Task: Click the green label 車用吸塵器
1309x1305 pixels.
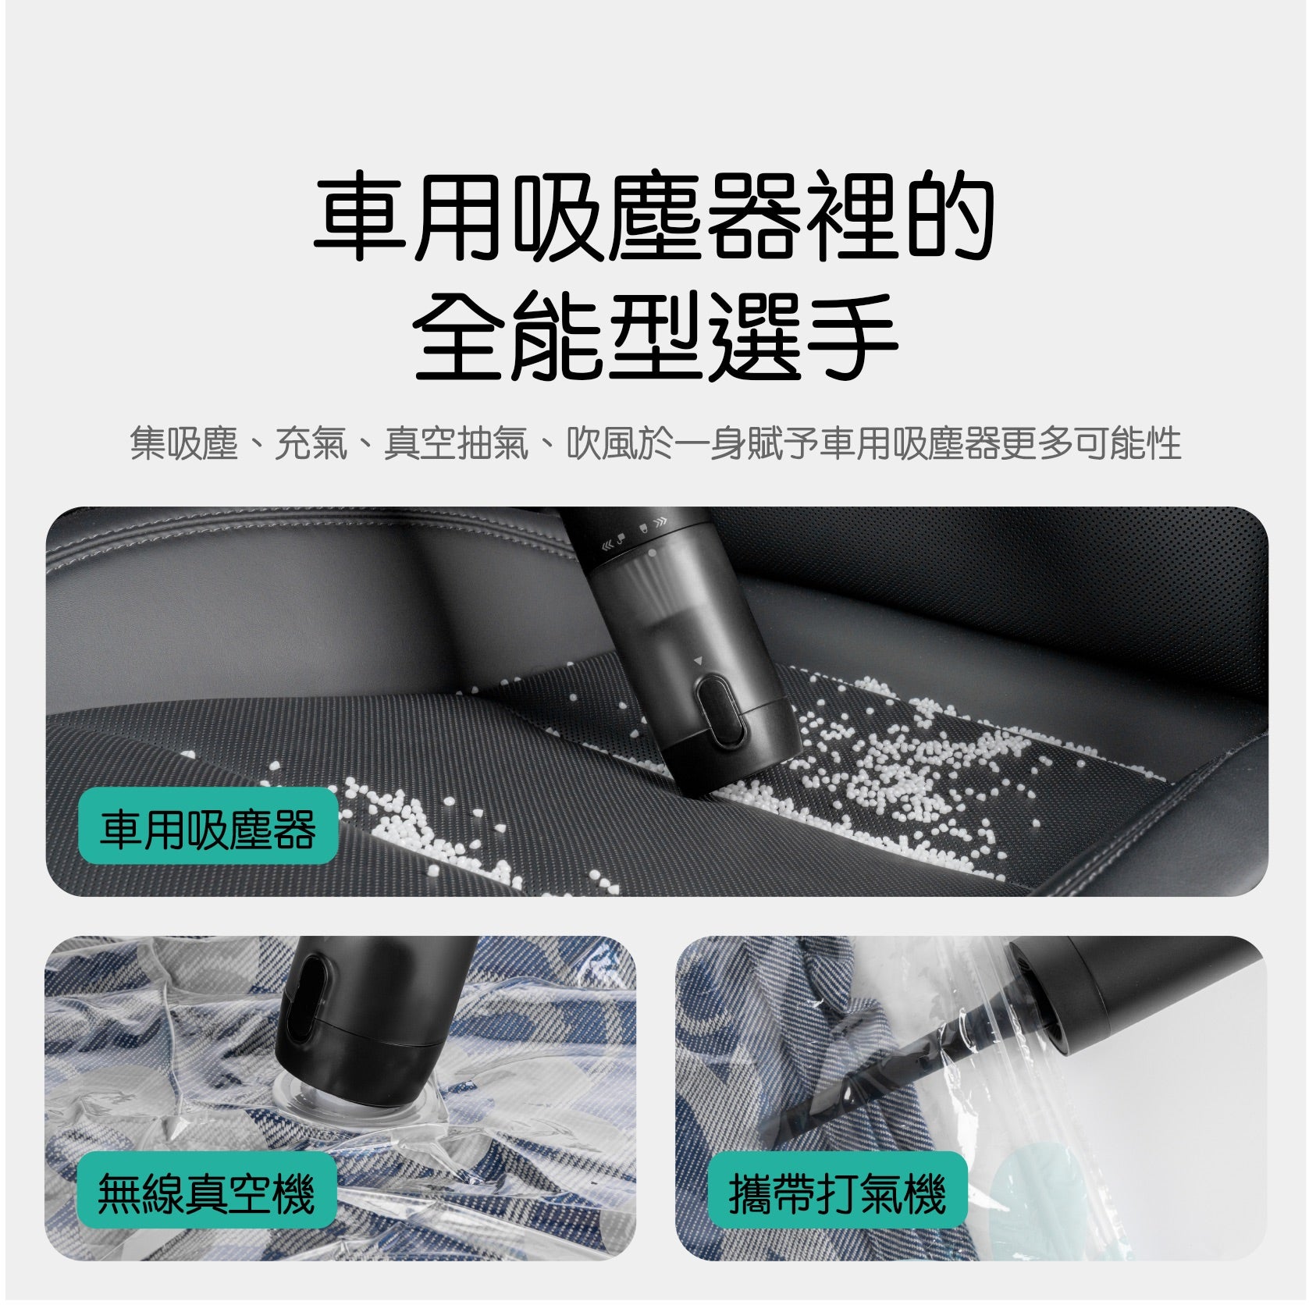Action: coord(208,830)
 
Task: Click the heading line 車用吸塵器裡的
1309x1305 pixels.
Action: coord(654,216)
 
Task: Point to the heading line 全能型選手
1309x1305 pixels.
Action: coord(654,338)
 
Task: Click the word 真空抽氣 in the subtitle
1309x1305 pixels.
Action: coord(455,443)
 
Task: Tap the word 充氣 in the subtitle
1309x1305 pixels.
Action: coord(311,443)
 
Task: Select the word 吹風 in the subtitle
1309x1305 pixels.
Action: coord(603,443)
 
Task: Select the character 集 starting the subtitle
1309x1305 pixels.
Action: coord(148,443)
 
